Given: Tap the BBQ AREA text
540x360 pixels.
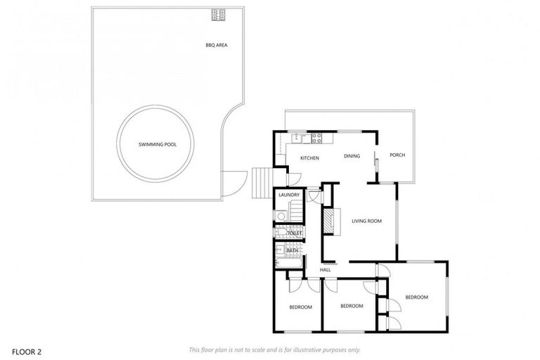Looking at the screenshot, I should coord(216,45).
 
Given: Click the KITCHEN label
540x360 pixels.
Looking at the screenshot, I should coord(310,158).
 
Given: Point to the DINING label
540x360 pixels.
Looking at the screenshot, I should coord(352,156).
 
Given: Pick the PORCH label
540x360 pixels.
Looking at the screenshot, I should coord(397,155).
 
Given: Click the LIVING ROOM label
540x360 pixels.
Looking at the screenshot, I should coord(366,221).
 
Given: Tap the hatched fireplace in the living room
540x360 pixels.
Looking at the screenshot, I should coord(328,221).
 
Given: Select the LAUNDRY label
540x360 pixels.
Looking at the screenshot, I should coord(289,195).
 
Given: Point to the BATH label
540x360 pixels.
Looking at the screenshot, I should coord(293,250).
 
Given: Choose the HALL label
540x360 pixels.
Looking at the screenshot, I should coord(326,269).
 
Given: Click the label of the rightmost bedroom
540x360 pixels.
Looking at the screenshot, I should coord(416,297).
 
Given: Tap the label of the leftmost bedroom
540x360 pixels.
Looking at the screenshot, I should coord(300,307).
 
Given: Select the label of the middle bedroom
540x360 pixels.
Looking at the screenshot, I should coord(352,306).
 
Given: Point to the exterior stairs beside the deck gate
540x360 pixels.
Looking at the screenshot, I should coord(261,184).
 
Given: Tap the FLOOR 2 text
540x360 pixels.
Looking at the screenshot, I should coord(25,349).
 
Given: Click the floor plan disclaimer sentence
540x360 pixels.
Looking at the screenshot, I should coord(275,349).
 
